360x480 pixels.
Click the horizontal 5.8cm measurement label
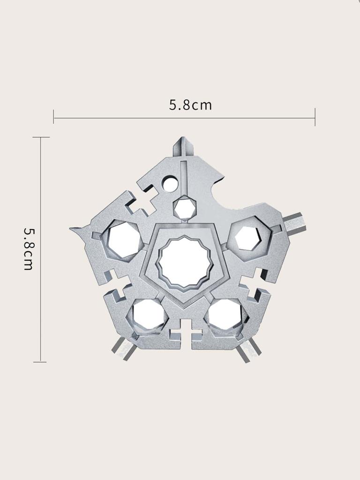[x=190, y=105]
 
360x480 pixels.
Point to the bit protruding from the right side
[x=295, y=222]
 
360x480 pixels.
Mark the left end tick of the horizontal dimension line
[x=54, y=117]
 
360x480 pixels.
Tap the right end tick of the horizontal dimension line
[x=315, y=117]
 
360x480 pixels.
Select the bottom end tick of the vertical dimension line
[x=41, y=361]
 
